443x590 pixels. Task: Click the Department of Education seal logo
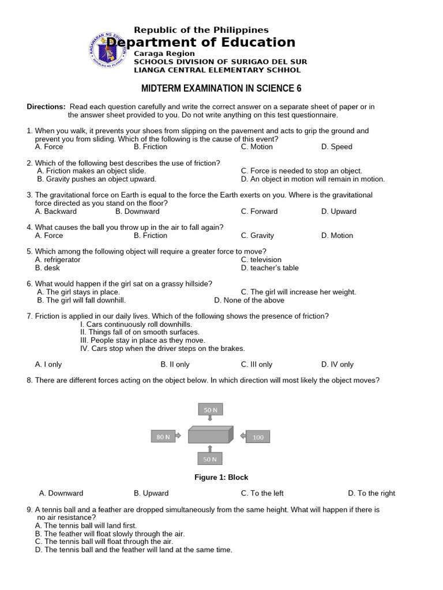tap(107, 50)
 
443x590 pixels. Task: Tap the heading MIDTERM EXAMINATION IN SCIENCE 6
tap(221, 88)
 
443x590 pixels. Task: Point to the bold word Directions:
tap(46, 107)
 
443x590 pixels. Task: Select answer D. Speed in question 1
tap(336, 147)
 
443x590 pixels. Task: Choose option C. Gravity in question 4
tap(257, 236)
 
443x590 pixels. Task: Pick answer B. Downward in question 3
tap(137, 211)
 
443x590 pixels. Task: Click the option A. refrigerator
tap(58, 260)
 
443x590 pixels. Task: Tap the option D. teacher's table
tap(270, 268)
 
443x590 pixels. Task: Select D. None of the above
tap(249, 300)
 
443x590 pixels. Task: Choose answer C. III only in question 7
tap(257, 365)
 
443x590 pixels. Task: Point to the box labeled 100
tap(258, 437)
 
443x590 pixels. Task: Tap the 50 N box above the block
tap(210, 410)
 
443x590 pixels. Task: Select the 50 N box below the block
tap(210, 459)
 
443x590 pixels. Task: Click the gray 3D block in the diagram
tap(210, 435)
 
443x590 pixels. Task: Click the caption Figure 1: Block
tap(221, 478)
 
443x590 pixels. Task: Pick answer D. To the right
tap(371, 493)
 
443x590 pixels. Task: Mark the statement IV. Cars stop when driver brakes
tap(162, 349)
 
